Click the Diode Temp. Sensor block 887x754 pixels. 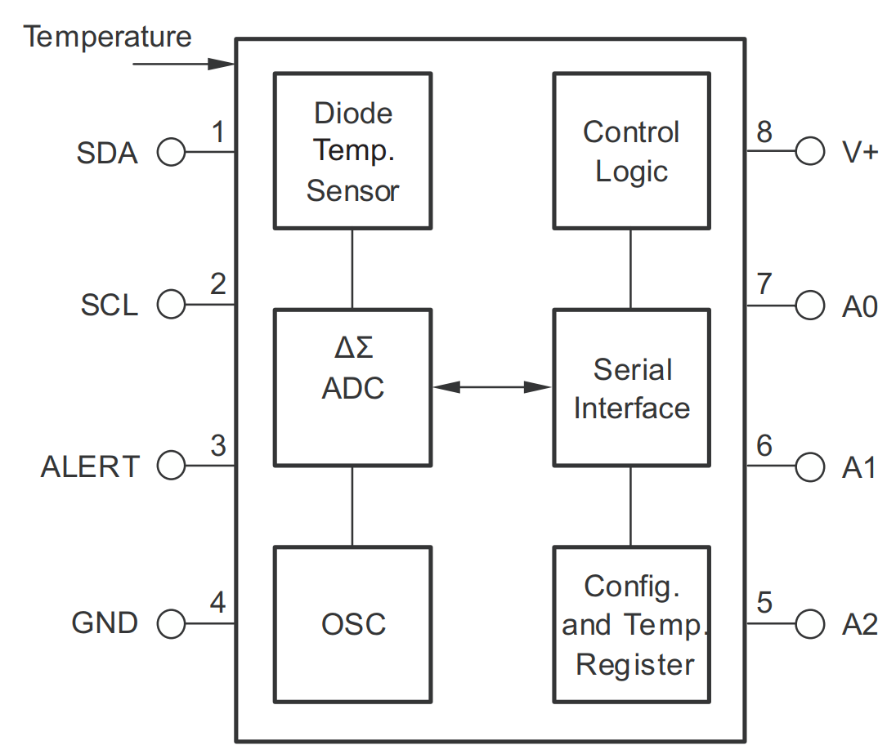[352, 150]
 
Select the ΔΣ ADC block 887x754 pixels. [352, 387]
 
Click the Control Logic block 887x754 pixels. [631, 150]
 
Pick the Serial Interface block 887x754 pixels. [631, 387]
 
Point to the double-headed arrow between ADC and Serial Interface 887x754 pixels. [492, 386]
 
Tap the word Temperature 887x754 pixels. [107, 37]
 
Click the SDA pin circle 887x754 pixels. [171, 152]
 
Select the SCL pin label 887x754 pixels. [109, 306]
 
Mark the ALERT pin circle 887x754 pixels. [171, 466]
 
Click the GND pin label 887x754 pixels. [105, 623]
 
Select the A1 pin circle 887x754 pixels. [810, 466]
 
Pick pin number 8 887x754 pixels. [764, 132]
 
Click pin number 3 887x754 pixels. [217, 446]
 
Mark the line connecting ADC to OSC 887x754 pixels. [352, 506]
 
